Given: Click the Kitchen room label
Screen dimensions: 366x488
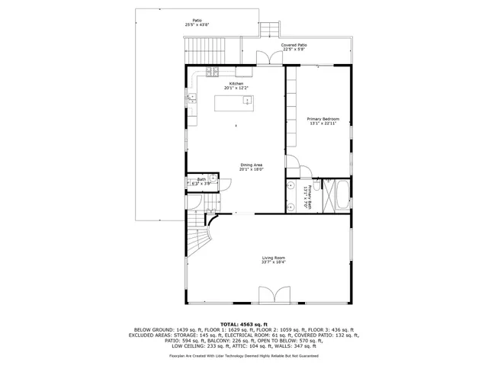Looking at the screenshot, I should tap(236, 83).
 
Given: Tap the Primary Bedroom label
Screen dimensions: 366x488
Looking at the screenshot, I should tap(323, 119).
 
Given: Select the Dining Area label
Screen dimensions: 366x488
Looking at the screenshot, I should tap(252, 165).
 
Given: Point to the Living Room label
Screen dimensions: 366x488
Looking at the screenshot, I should tap(273, 258).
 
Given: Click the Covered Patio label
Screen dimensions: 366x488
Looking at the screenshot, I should tap(294, 46).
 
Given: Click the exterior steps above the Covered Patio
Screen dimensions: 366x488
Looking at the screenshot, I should tap(268, 30).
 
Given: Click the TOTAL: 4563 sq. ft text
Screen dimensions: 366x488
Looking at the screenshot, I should tap(243, 323).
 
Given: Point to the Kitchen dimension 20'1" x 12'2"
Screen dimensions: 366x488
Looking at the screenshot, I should tap(236, 88).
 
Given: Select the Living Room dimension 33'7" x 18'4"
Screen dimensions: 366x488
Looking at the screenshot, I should tap(273, 262).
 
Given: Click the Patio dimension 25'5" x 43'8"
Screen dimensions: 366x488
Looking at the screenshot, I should tap(197, 25).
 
